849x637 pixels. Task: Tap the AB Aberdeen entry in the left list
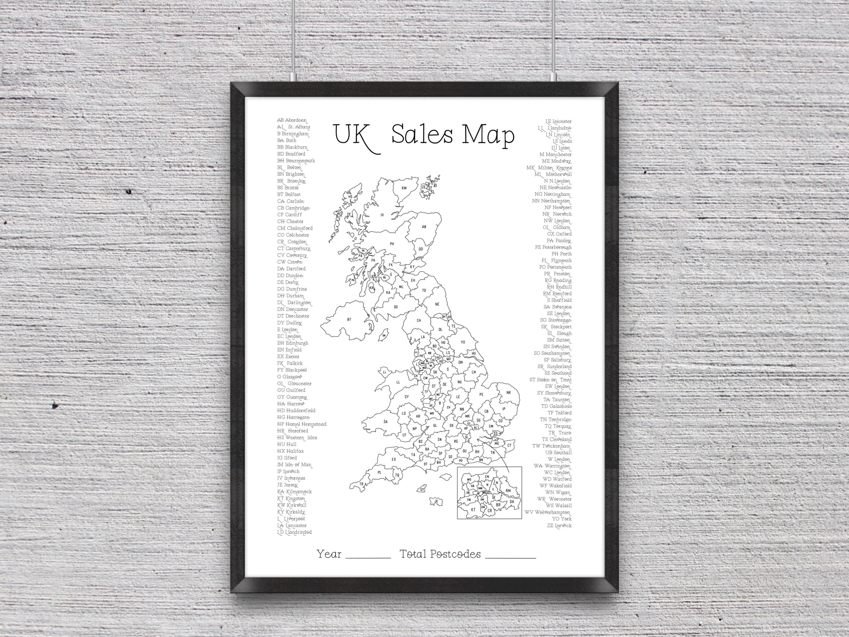pyautogui.click(x=292, y=120)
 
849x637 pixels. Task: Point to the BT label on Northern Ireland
pyautogui.click(x=349, y=320)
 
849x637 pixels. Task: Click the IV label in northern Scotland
pyautogui.click(x=382, y=215)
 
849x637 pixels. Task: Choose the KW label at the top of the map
pyautogui.click(x=404, y=188)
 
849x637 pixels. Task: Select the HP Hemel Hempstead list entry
pyautogui.click(x=302, y=424)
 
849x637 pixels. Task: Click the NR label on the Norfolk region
pyautogui.click(x=508, y=393)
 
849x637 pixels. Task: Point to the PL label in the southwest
pyautogui.click(x=380, y=473)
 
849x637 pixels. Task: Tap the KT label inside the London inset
pyautogui.click(x=473, y=510)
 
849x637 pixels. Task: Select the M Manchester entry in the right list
pyautogui.click(x=555, y=155)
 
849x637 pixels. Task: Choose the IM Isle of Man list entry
pyautogui.click(x=294, y=465)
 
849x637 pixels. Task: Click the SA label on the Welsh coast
pyautogui.click(x=385, y=422)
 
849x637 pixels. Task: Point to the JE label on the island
pyautogui.click(x=436, y=501)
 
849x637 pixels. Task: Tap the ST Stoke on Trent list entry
pyautogui.click(x=550, y=380)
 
